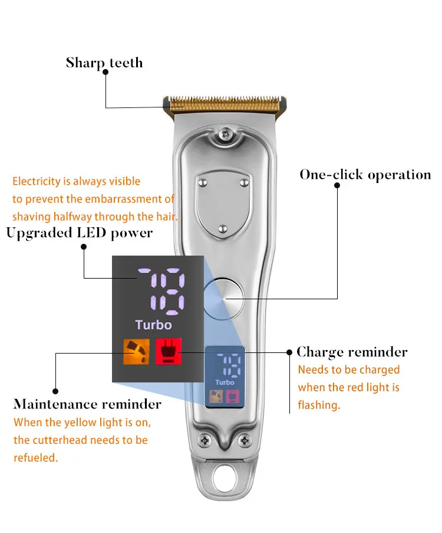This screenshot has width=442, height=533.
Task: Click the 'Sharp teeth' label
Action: coord(104,63)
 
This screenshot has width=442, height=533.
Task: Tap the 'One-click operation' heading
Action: coord(365,175)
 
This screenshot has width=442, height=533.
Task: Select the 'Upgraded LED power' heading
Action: coord(80,233)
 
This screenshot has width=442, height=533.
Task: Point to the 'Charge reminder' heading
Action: coord(352,352)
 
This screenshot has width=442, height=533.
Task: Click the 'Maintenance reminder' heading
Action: coord(87,404)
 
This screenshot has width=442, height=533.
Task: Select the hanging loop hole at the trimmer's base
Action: coord(225,480)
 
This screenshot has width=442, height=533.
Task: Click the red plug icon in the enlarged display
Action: coord(169,351)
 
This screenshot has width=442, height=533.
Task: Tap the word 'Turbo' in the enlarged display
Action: coord(153,325)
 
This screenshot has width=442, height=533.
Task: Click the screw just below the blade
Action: coord(225,135)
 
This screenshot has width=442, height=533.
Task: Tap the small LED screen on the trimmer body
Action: coord(225,378)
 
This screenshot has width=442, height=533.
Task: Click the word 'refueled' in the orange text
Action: coord(35,457)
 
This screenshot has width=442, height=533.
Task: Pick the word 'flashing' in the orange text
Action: coord(319,406)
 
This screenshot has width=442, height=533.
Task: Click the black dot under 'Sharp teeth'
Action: coord(105,71)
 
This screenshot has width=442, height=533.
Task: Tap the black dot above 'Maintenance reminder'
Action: coord(55,390)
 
